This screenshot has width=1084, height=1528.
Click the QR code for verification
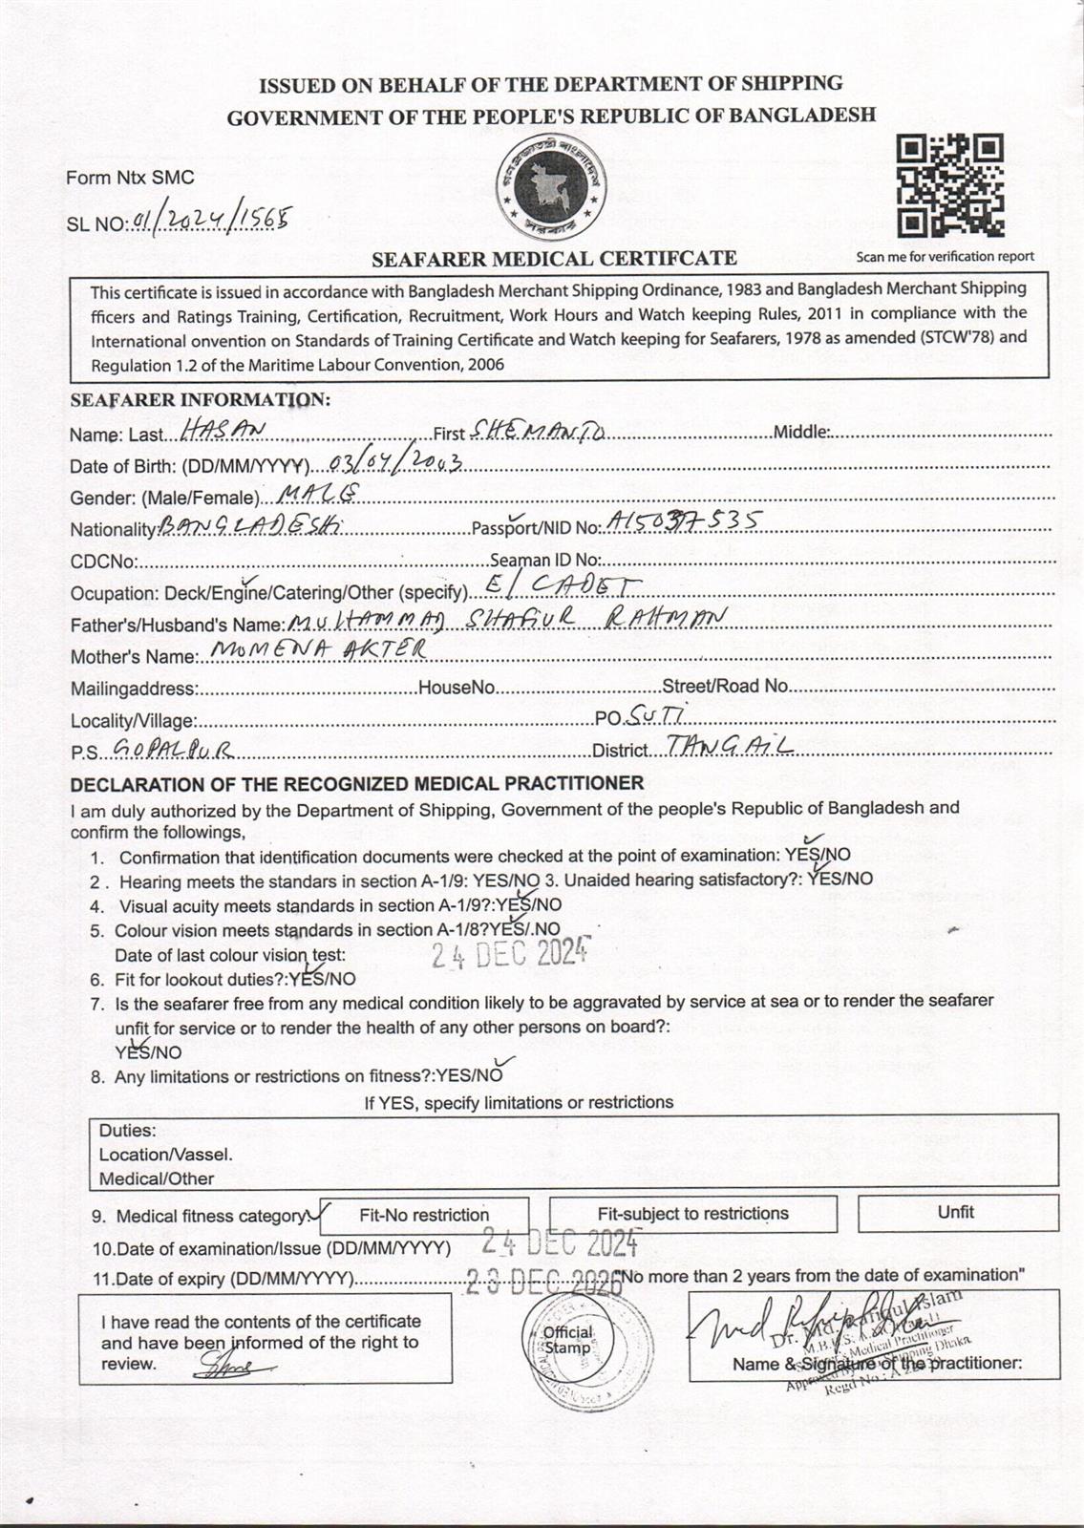tap(950, 185)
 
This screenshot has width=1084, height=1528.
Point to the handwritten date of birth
tap(394, 464)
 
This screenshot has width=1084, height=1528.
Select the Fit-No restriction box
tap(424, 1215)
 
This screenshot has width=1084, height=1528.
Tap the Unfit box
tap(955, 1213)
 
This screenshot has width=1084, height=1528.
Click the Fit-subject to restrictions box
tap(692, 1214)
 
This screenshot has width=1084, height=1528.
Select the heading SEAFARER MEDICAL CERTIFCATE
tap(554, 258)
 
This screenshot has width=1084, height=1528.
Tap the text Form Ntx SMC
tap(130, 177)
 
